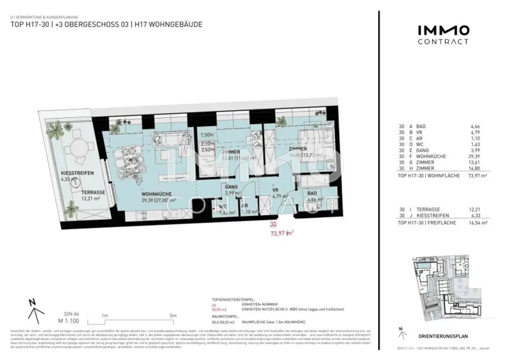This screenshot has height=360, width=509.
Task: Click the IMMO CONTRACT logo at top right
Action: point(442,35)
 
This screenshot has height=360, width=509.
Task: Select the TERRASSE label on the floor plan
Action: point(93,192)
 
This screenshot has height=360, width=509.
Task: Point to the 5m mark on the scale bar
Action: point(173,315)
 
